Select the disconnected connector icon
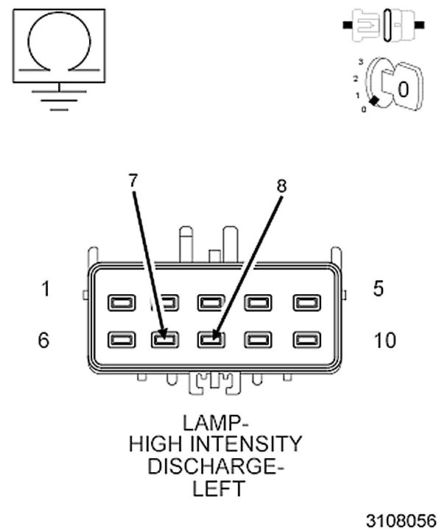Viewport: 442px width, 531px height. pos(383,25)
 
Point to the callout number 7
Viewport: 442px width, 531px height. pos(133,179)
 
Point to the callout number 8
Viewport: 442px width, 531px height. pos(281,185)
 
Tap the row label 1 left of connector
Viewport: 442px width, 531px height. pos(46,289)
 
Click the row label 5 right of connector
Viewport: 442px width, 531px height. pos(379,288)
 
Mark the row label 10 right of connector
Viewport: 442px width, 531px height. pos(385,341)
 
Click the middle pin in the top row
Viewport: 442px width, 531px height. pos(211,302)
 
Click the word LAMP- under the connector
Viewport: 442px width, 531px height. pos(215,424)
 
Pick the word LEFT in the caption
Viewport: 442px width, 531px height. pos(215,488)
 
